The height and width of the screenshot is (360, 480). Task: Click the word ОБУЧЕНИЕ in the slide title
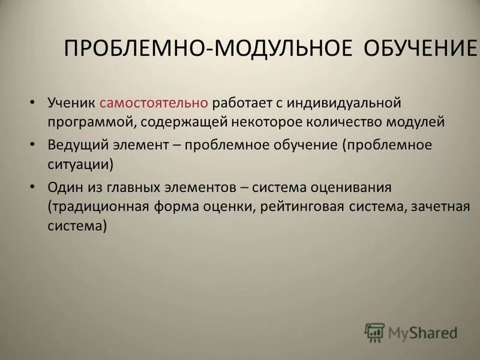(x=420, y=49)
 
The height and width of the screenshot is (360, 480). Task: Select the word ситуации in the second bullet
(x=80, y=164)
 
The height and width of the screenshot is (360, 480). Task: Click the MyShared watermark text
(x=422, y=332)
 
